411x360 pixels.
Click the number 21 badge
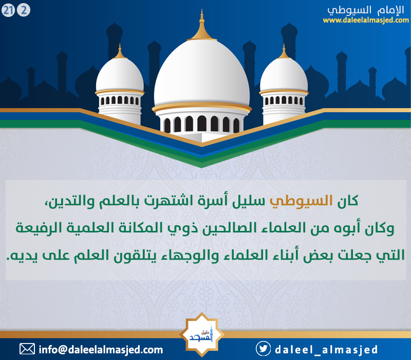coord(8,10)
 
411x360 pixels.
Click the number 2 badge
coord(24,10)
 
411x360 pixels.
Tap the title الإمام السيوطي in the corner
coord(366,10)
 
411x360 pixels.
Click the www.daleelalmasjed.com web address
coord(366,21)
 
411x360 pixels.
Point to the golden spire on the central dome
coord(201,25)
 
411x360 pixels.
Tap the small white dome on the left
coord(120,75)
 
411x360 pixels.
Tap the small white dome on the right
coord(284,75)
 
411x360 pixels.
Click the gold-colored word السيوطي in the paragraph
coord(301,202)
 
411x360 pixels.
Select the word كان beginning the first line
coord(348,201)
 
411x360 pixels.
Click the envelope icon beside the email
coord(27,349)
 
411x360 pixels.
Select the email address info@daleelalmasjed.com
coord(101,350)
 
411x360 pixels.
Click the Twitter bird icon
coord(263,349)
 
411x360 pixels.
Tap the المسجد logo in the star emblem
coord(201,335)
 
